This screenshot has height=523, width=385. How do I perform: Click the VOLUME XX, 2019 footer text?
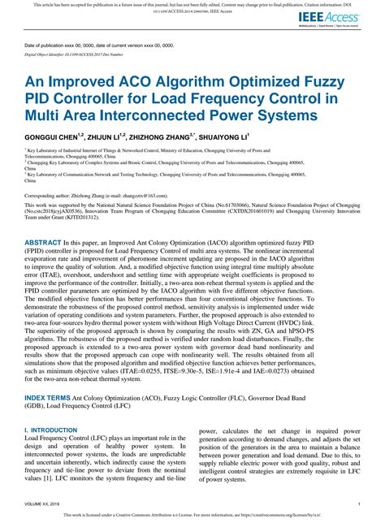pyautogui.click(x=45, y=504)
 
